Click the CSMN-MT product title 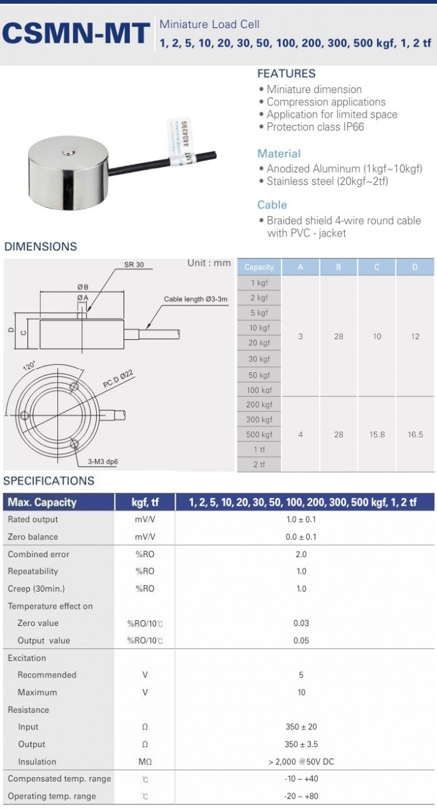pos(76,33)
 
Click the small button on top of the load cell pos(68,152)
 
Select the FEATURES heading pos(286,74)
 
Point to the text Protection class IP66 pos(315,127)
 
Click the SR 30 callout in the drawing pos(134,265)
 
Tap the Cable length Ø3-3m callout pos(196,299)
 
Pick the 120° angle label pos(29,365)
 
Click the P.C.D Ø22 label pos(118,379)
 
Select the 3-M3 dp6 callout pos(103,462)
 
